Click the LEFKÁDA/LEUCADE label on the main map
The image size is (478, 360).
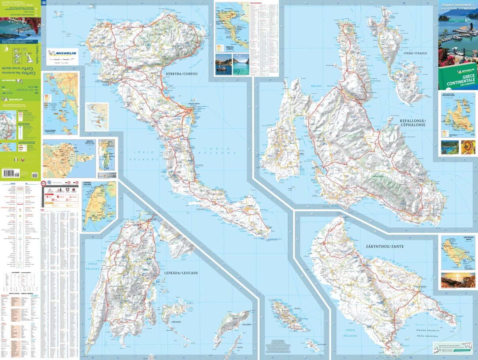coord(180,273)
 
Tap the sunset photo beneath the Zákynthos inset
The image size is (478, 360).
coord(458,280)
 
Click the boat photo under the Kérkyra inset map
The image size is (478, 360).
coord(223,64)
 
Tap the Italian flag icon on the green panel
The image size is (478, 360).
coord(15,160)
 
